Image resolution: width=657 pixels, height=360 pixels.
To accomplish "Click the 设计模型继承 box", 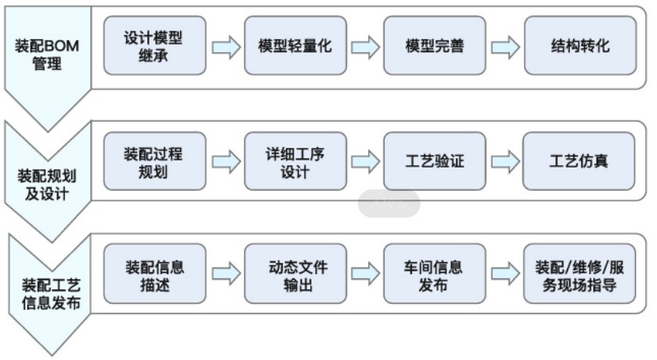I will pyautogui.click(x=154, y=46).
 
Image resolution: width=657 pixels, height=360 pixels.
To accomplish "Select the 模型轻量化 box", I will pyautogui.click(x=294, y=46).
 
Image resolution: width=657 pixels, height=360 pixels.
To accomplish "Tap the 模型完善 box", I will pyautogui.click(x=435, y=46).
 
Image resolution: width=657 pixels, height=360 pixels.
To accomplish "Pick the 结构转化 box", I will pyautogui.click(x=579, y=46).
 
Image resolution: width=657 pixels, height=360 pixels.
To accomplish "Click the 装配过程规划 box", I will pyautogui.click(x=154, y=161).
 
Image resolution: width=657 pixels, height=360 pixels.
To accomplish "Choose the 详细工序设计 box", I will pyautogui.click(x=294, y=161).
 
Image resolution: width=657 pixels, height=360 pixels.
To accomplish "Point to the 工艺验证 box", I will pyautogui.click(x=435, y=161).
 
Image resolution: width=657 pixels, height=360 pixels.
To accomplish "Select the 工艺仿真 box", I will pyautogui.click(x=579, y=161).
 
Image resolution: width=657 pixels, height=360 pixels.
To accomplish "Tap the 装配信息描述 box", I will pyautogui.click(x=154, y=274).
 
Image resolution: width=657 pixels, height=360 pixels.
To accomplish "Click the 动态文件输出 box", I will pyautogui.click(x=294, y=274).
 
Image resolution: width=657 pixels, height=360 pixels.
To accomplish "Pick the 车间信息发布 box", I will pyautogui.click(x=435, y=274).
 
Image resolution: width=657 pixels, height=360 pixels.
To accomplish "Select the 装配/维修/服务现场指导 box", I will pyautogui.click(x=579, y=274).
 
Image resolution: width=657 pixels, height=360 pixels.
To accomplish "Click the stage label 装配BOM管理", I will pyautogui.click(x=47, y=55).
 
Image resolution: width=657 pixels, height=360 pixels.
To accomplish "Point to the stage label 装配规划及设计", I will pyautogui.click(x=47, y=183).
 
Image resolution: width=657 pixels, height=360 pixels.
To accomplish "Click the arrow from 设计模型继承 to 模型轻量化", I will pyautogui.click(x=226, y=47).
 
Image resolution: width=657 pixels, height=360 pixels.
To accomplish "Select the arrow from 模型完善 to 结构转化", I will pyautogui.click(x=505, y=47).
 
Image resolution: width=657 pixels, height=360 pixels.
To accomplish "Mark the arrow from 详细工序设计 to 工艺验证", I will pyautogui.click(x=365, y=162).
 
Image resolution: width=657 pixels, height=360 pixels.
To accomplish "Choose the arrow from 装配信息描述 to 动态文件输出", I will pyautogui.click(x=226, y=274).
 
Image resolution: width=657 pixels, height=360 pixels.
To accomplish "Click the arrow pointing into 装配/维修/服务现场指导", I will pyautogui.click(x=505, y=274).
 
